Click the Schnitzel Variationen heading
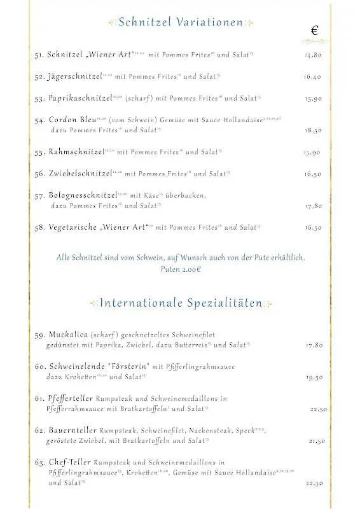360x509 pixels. pyautogui.click(x=180, y=23)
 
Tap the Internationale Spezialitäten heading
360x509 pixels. pyautogui.click(x=181, y=303)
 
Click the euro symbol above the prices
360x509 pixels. pyautogui.click(x=315, y=31)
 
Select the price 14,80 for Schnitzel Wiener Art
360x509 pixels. pyautogui.click(x=313, y=55)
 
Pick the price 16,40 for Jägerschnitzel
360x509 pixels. pyautogui.click(x=313, y=77)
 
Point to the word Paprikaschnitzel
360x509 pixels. pyautogui.click(x=79, y=99)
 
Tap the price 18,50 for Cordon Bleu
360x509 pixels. pyautogui.click(x=313, y=130)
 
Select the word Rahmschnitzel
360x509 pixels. pyautogui.click(x=76, y=152)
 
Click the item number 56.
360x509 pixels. pyautogui.click(x=39, y=174)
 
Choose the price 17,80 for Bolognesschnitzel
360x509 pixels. pyautogui.click(x=313, y=206)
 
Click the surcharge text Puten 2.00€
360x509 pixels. pyautogui.click(x=181, y=269)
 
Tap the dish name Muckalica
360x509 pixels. pyautogui.click(x=67, y=335)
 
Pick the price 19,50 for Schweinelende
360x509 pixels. pyautogui.click(x=314, y=377)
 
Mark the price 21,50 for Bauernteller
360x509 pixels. pyautogui.click(x=317, y=441)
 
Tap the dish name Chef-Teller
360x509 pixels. pyautogui.click(x=69, y=463)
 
